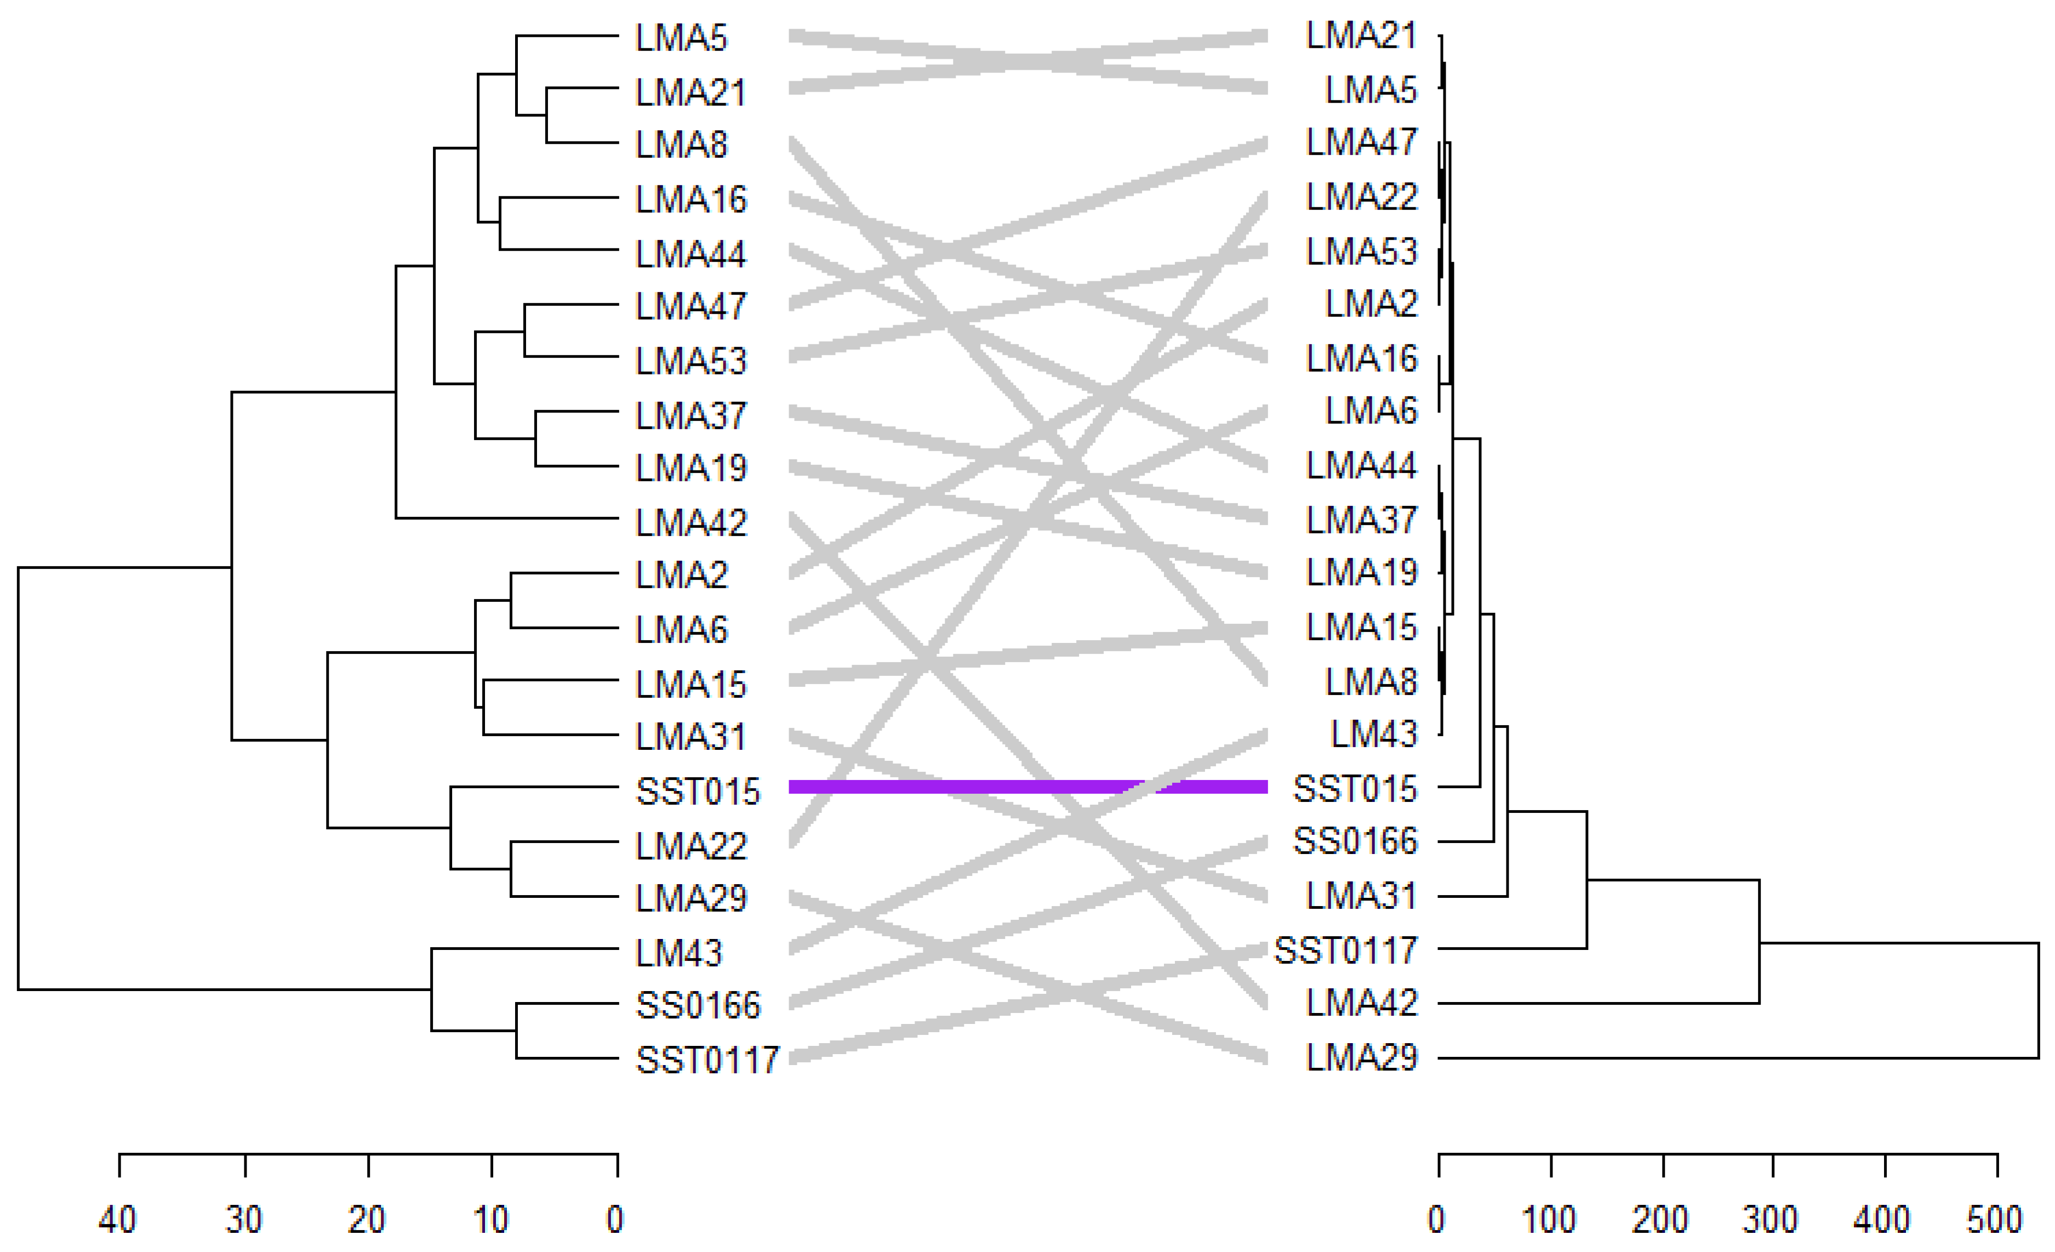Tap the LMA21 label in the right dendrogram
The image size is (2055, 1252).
pos(1361,36)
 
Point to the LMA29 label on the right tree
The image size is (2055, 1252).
pos(1361,1057)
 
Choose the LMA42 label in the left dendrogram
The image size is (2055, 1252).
pos(690,523)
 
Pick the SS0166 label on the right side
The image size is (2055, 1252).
pos(1355,841)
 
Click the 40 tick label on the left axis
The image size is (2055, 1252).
pos(118,1220)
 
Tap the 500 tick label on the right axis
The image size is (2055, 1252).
pos(1993,1220)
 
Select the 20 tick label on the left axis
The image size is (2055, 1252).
pos(366,1220)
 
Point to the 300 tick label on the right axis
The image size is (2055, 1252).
pos(1770,1220)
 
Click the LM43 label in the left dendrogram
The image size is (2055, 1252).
pos(678,953)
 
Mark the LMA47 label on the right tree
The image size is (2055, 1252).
pos(1361,143)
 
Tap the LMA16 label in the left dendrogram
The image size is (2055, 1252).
pos(690,200)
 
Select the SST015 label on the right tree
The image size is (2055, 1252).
pos(1355,788)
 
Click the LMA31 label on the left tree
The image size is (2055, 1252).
pos(690,737)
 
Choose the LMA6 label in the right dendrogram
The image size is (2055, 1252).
pos(1371,411)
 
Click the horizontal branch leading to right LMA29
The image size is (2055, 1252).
pos(1735,1057)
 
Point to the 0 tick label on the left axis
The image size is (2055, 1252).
pos(615,1220)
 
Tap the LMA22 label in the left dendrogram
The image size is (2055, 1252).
pos(690,846)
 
